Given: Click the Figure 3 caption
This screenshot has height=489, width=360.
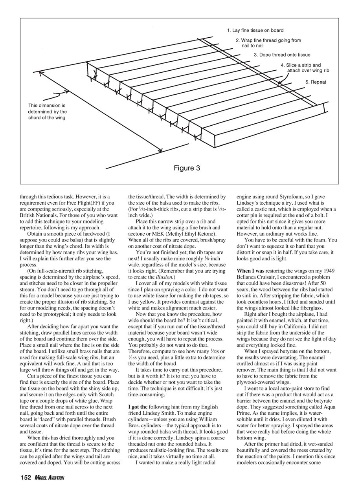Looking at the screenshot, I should tap(187, 168).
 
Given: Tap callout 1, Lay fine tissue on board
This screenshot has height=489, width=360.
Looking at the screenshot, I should tap(255, 30).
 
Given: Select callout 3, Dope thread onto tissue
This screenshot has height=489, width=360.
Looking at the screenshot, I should tap(282, 55).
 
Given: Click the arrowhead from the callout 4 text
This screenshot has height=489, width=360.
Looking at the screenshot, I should tap(279, 83).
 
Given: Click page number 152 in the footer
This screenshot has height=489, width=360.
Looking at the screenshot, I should tap(26, 478).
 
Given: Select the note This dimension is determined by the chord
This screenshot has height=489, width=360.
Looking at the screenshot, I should tap(48, 112).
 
